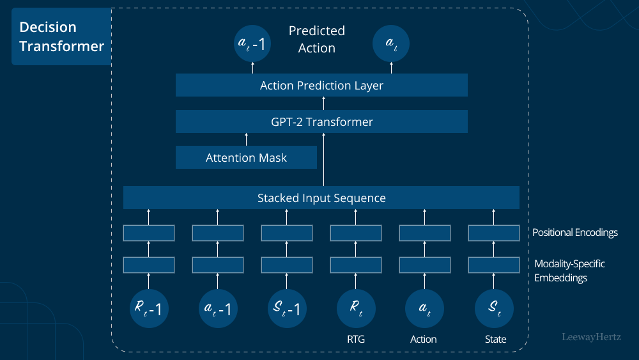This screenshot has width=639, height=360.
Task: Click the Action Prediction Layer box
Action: (x=321, y=85)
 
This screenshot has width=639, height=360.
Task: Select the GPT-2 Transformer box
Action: (x=321, y=121)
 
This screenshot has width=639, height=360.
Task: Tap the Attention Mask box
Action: (x=246, y=157)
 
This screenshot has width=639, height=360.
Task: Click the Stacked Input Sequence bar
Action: (x=321, y=198)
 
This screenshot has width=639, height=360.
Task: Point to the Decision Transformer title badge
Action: (x=61, y=36)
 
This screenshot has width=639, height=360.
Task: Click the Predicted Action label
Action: (x=317, y=39)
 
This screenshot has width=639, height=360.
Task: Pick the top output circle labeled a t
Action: (x=390, y=44)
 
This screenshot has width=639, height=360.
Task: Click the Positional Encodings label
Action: (x=575, y=232)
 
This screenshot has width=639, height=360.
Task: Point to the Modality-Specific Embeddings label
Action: (x=569, y=270)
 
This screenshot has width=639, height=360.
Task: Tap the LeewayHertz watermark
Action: (x=591, y=336)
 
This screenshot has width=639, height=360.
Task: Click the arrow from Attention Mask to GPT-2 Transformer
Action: (x=246, y=139)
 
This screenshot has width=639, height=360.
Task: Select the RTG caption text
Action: (x=356, y=340)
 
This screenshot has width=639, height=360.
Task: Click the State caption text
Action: (x=495, y=340)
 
